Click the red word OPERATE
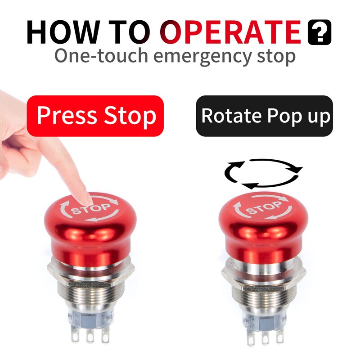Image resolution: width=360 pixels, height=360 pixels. tap(231, 32)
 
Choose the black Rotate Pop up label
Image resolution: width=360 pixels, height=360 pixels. tap(264, 116)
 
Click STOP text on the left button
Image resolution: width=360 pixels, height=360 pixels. tap(91, 208)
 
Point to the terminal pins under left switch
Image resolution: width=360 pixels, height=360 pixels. tap(90, 335)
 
